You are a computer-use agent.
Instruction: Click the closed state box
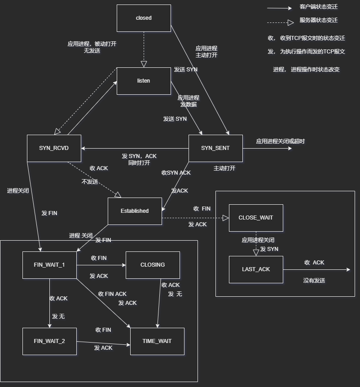144,18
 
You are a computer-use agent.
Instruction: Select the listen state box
144,81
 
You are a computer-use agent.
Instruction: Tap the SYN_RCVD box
54,148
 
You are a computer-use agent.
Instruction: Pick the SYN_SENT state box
215,148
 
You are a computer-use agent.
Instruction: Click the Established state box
135,211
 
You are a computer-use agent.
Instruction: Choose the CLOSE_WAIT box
256,218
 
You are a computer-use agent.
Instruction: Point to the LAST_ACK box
256,269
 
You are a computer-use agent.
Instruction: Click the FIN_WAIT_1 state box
49,265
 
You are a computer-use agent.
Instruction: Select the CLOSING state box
153,265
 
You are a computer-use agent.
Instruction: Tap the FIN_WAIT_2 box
49,341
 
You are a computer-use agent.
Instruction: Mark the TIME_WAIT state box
157,341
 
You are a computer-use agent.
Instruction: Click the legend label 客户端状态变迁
319,7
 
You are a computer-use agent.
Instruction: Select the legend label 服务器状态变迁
319,20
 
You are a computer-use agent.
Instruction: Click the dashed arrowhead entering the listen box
144,64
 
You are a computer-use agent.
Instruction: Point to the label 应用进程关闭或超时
280,141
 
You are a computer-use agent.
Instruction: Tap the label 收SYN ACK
176,173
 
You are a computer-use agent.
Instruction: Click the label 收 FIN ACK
112,294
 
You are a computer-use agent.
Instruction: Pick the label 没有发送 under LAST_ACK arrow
314,281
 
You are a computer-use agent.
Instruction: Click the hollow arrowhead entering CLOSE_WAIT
226,218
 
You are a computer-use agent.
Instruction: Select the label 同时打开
139,163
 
